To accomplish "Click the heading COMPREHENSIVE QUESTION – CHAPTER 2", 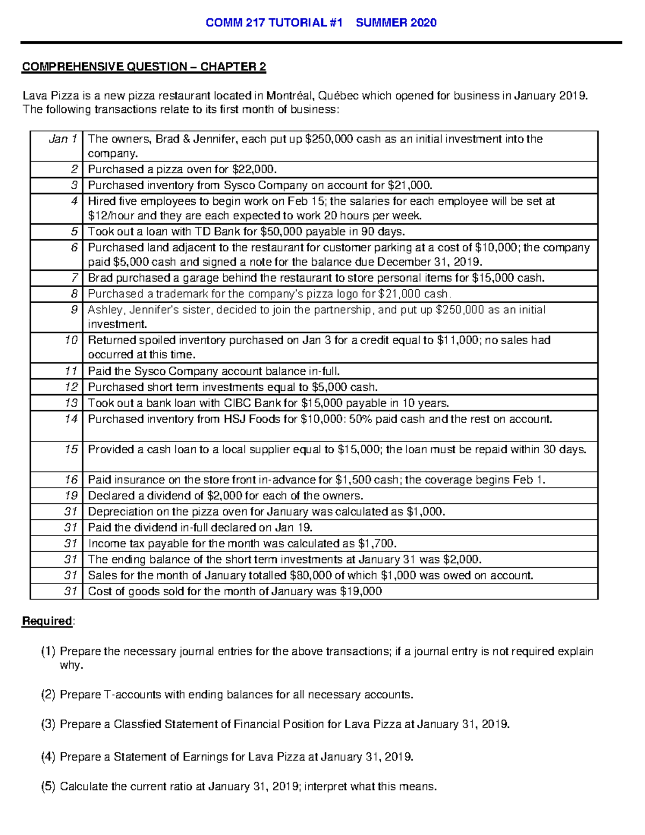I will [x=144, y=67].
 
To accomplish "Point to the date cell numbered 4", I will [x=74, y=202].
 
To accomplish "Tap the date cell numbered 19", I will [x=71, y=495].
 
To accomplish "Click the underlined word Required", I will [x=47, y=621].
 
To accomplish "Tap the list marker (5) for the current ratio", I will [x=48, y=786].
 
